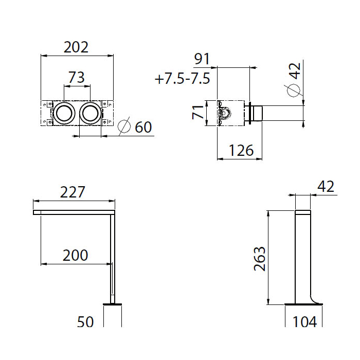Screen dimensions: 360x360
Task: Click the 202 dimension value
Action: pos(76,47)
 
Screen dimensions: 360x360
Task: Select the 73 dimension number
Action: pos(77,77)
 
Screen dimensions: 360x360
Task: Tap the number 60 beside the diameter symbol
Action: pos(143,127)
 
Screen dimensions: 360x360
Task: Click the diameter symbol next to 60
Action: pos(124,126)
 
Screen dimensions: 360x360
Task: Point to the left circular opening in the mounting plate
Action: pos(64,114)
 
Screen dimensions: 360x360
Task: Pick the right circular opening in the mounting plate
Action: pos(90,114)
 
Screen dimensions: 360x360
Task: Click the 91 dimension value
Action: pos(202,59)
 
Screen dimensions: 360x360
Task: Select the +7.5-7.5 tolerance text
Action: pos(183,79)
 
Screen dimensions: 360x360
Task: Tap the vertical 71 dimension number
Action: pos(198,112)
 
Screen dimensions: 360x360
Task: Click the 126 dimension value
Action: pos(241,150)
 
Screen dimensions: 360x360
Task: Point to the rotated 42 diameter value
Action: pos(295,71)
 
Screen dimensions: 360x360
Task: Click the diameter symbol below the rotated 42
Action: pos(294,91)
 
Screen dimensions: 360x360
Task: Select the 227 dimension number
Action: pos(73,192)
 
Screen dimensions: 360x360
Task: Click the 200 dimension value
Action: pos(75,255)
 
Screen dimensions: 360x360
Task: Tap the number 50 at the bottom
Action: pos(85,321)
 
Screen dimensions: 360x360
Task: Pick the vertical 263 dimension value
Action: pos(260,259)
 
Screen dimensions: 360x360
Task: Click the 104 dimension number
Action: pos(305,321)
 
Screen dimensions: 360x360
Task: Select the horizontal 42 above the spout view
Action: pos(326,186)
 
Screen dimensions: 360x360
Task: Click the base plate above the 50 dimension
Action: pos(112,304)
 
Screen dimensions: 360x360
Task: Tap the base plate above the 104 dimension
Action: pos(304,304)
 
